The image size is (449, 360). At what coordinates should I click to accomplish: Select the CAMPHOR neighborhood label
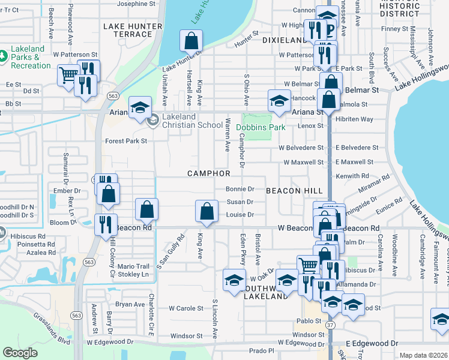[x=209, y=173]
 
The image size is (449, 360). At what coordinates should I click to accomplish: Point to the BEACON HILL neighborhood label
[x=294, y=190]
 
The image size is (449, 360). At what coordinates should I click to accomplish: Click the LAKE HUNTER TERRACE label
[x=133, y=31]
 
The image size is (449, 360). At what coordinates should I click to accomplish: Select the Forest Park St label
[x=126, y=142]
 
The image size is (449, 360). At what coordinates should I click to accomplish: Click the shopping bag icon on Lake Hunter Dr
[x=190, y=41]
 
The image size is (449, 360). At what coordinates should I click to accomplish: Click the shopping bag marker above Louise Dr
[x=206, y=211]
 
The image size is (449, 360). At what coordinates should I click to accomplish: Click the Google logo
[x=20, y=353]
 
